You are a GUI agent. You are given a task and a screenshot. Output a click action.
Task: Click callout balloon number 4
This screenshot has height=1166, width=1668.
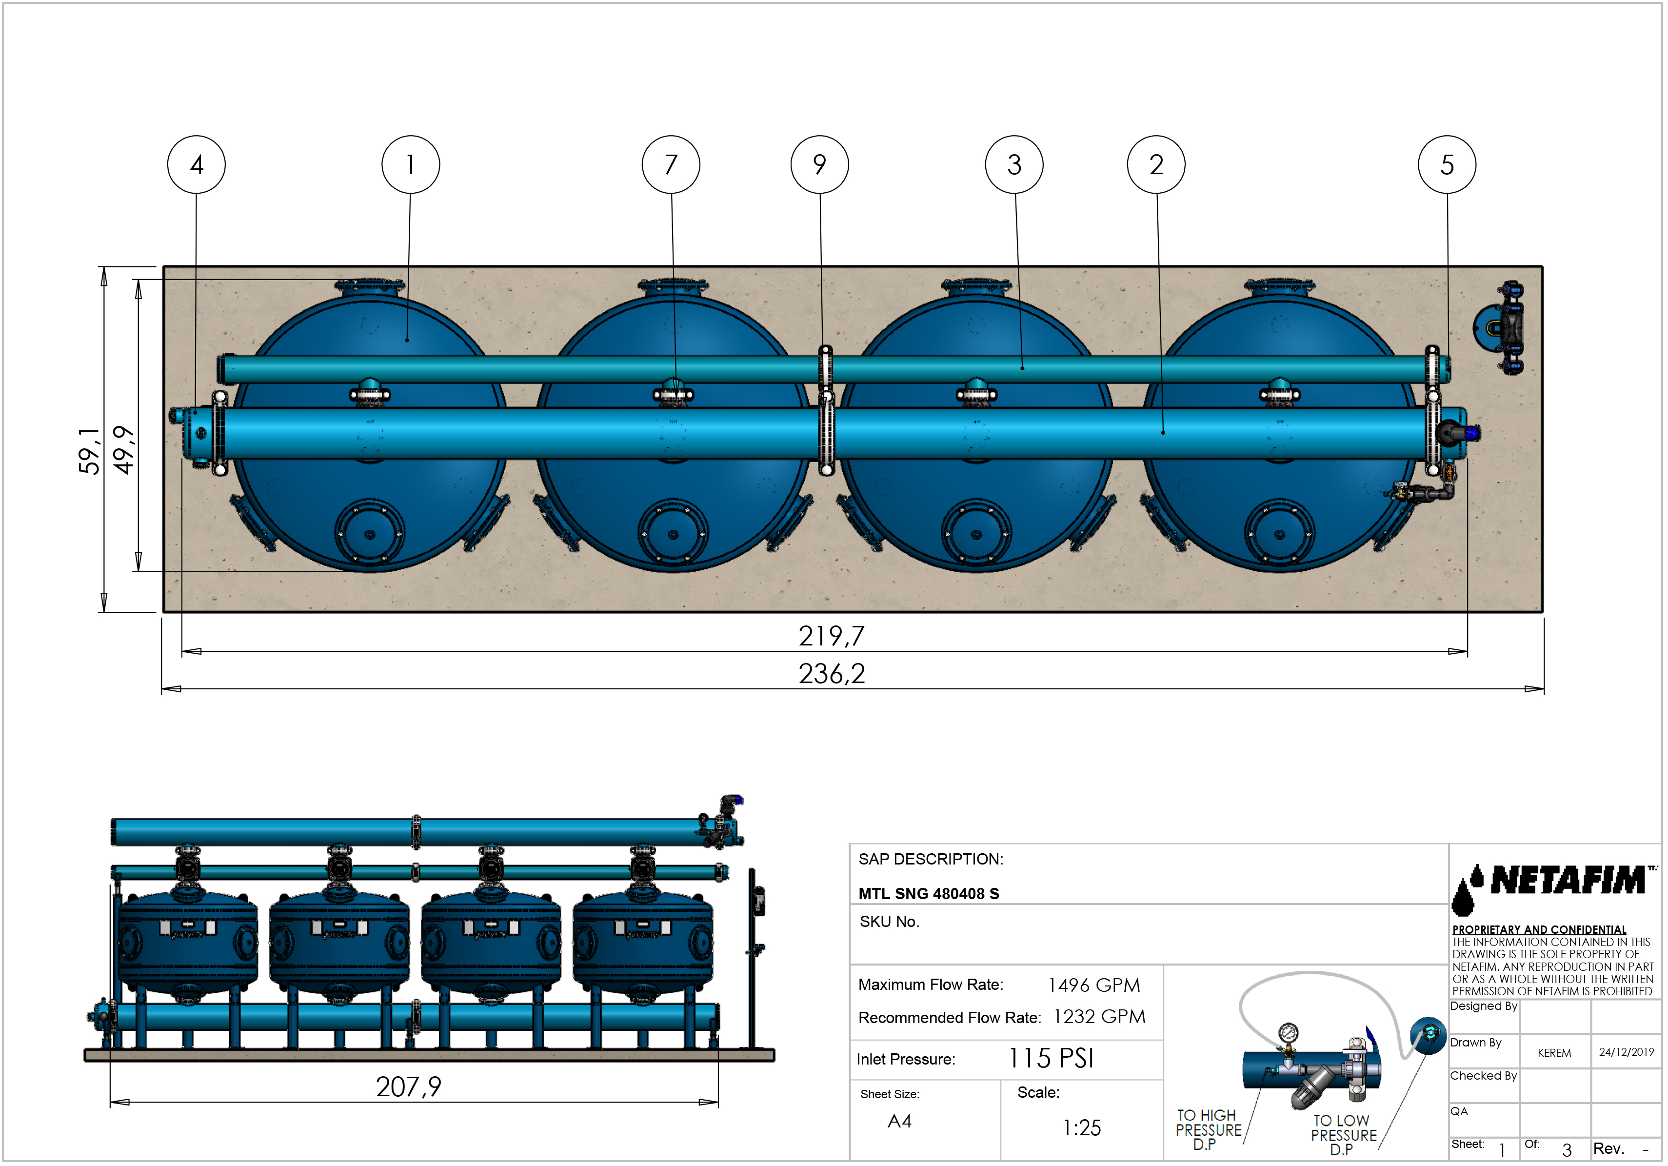[x=196, y=165]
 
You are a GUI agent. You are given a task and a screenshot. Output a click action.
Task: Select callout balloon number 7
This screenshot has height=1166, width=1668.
[x=671, y=165]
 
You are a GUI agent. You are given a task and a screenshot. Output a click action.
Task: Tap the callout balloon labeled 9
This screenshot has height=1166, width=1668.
[x=819, y=165]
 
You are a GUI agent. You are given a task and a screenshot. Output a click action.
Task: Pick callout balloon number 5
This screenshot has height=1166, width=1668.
[x=1447, y=165]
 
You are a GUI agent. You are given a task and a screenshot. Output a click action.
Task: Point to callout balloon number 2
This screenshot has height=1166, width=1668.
[x=1156, y=165]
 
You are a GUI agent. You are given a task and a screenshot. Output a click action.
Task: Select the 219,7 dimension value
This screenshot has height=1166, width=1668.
[x=832, y=636]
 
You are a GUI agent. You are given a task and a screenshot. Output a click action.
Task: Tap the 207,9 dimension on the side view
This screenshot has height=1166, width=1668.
[x=408, y=1087]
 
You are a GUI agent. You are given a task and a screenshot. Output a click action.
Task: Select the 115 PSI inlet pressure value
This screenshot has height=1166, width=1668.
[x=1051, y=1059]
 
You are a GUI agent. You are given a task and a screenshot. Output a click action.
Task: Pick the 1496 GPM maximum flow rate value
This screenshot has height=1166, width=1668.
[x=1094, y=985]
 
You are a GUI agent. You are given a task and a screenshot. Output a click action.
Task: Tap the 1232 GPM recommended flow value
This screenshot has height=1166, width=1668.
[x=1099, y=1017]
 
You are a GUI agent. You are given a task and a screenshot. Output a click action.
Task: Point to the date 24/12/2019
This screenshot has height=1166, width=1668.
[x=1626, y=1052]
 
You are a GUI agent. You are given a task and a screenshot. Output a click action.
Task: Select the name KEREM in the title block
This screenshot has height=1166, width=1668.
[x=1554, y=1053]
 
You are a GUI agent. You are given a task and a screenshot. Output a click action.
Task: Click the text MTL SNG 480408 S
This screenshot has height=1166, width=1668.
[x=929, y=894]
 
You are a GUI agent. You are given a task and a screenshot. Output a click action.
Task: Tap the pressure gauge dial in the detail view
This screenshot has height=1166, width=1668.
[x=1288, y=1032]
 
